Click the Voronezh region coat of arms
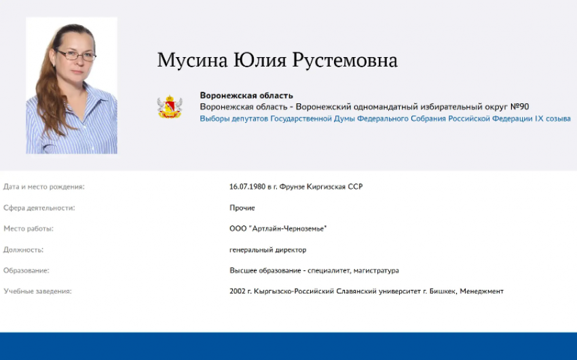pos(169,107)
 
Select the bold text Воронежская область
pos(246,95)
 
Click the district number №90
pos(519,107)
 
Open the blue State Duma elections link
pos(385,118)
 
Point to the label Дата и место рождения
pos(44,186)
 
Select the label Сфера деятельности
pos(39,208)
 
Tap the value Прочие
pos(242,208)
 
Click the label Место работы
pos(29,228)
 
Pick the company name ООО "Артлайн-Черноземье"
pos(278,228)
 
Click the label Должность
pos(23,249)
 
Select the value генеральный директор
pos(268,249)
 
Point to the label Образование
pos(26,270)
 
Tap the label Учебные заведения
pos(37,291)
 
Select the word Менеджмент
pos(481,291)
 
